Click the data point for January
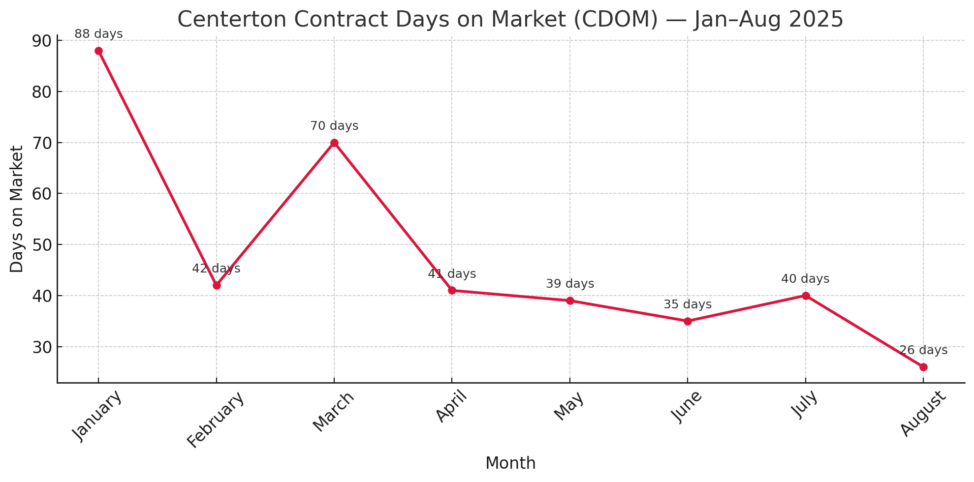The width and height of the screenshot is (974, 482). click(x=98, y=51)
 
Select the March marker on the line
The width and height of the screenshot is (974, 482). click(x=334, y=143)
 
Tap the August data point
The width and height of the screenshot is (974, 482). click(x=923, y=367)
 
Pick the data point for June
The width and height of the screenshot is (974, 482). click(x=688, y=321)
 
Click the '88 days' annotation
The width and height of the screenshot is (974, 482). click(x=98, y=34)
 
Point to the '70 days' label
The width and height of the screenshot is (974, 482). click(x=334, y=126)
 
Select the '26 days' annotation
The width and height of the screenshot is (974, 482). click(x=923, y=351)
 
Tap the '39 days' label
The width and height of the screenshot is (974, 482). click(x=570, y=284)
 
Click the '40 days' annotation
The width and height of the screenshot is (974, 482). click(x=805, y=279)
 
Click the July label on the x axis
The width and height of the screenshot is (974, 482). click(x=806, y=404)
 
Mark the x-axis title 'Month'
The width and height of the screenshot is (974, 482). click(x=510, y=463)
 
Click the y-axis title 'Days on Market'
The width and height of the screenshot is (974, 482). click(x=17, y=209)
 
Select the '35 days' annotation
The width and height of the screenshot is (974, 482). click(x=688, y=305)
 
